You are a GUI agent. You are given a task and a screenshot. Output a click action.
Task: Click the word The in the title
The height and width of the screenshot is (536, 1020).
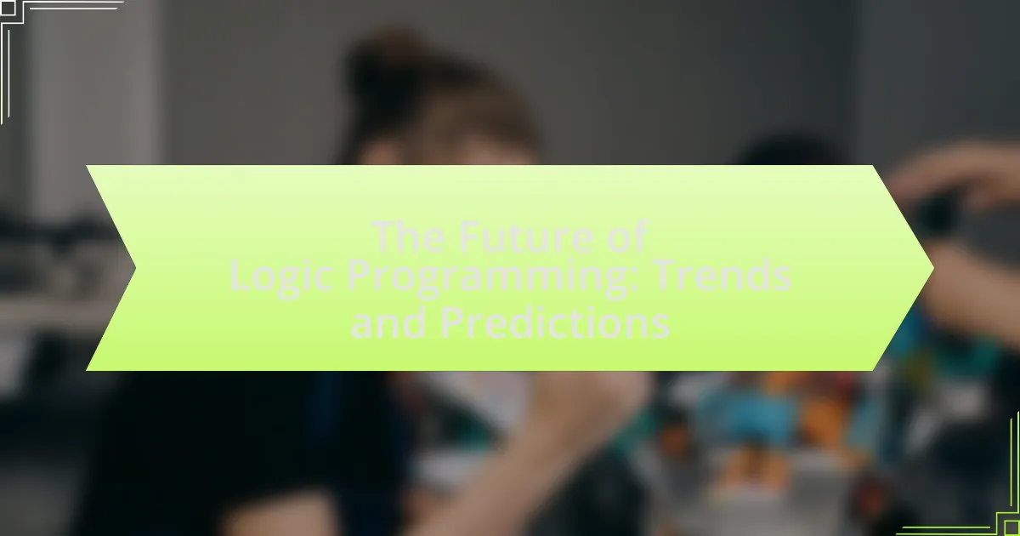coord(408,237)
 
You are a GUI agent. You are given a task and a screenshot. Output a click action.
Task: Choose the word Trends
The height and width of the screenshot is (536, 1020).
coord(722,275)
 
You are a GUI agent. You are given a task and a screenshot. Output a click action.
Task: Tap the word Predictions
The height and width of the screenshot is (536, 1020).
coord(555,322)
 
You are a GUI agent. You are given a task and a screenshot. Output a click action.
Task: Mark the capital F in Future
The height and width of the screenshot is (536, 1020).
coord(469,237)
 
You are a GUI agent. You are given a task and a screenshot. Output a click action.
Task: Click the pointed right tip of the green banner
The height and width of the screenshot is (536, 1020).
coord(933,268)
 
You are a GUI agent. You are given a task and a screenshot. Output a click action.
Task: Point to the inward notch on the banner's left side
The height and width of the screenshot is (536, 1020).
coord(135,268)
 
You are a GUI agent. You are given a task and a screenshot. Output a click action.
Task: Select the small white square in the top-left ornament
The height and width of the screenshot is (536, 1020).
coord(8,9)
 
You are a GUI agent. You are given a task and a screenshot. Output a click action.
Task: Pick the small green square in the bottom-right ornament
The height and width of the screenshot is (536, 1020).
coord(1011,527)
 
